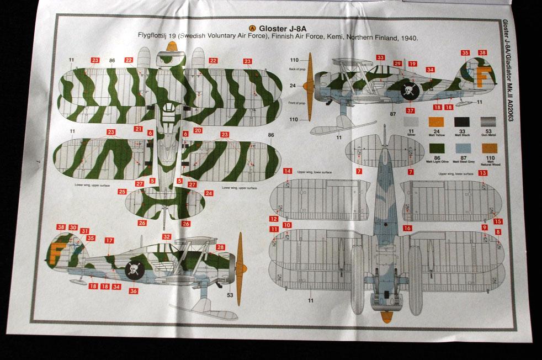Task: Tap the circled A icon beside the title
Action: point(252,29)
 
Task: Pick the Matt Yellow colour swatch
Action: point(437,122)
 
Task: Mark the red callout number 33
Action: point(380,57)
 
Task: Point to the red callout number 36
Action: point(133,291)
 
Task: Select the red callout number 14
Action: point(288,171)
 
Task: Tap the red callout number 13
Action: point(483,173)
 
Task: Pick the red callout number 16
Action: point(407,227)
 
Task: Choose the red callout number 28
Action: point(221,247)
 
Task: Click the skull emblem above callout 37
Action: point(409,92)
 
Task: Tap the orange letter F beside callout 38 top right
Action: point(483,78)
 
